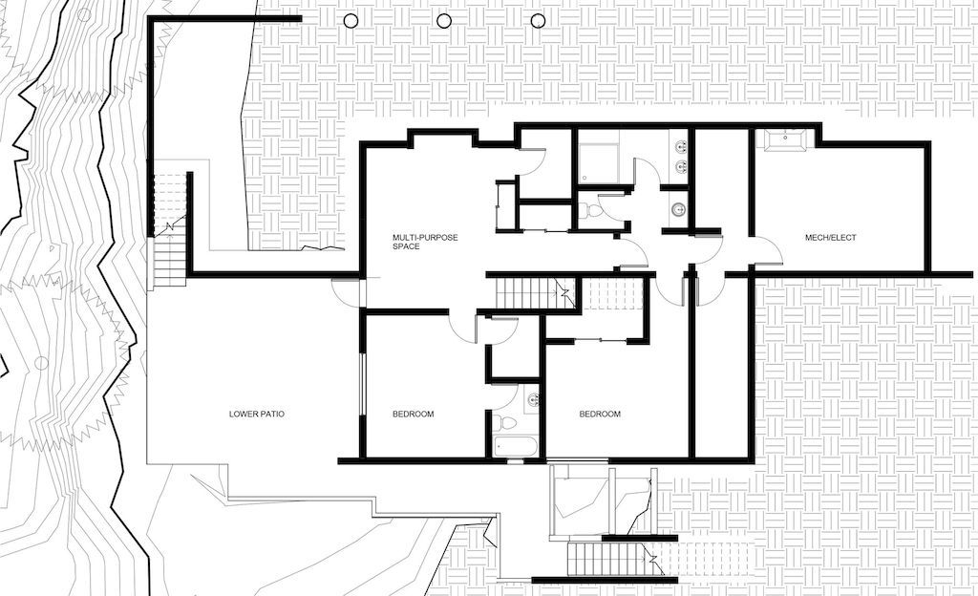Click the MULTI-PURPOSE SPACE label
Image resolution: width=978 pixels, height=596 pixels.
(x=425, y=242)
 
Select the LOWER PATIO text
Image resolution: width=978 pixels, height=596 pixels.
(x=257, y=414)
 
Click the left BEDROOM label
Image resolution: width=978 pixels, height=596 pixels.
(x=413, y=414)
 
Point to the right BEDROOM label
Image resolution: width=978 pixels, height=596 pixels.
(x=600, y=414)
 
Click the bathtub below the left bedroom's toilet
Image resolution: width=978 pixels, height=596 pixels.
(x=515, y=447)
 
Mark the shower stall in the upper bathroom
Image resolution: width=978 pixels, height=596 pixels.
(x=598, y=163)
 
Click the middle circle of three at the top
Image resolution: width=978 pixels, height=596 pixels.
(x=444, y=21)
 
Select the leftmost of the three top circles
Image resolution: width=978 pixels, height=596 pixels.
(x=351, y=21)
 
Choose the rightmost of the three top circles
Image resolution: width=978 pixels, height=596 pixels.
(x=538, y=21)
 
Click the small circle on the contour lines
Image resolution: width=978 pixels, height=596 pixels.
(x=40, y=362)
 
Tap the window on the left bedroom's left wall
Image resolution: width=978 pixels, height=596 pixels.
(x=362, y=384)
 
